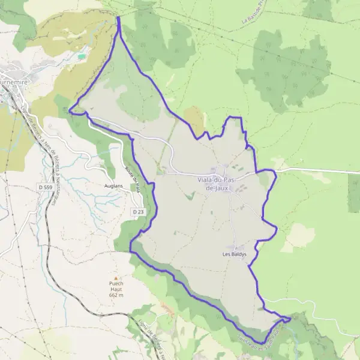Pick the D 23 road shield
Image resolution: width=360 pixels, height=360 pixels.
point(138,212)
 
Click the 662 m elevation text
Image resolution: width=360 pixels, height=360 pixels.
point(116,295)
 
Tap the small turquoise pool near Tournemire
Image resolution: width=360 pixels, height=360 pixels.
point(81,56)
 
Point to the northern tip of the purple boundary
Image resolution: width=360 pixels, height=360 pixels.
point(118,17)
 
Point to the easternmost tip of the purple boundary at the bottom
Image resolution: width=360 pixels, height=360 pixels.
point(292,318)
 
